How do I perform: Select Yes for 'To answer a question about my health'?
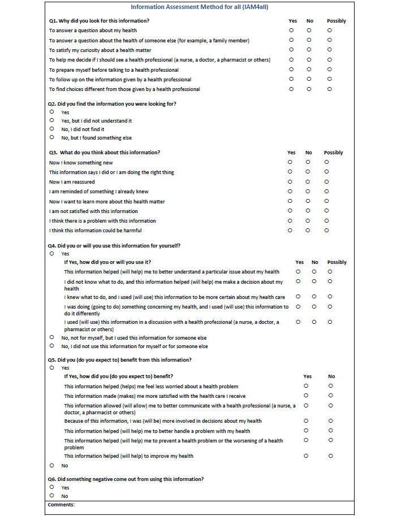point(291,30)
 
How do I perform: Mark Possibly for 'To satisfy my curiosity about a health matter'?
point(329,50)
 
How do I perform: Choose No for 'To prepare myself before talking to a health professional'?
point(309,70)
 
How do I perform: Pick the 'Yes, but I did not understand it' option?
point(51,120)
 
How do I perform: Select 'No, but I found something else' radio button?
point(51,137)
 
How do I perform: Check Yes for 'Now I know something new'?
point(290,162)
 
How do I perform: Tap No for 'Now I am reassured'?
point(308,181)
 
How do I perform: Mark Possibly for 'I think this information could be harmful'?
point(326,230)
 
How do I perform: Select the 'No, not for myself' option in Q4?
point(51,337)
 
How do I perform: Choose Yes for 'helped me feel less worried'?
point(306,386)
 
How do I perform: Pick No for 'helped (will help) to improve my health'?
point(331,456)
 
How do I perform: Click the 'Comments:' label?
point(61,504)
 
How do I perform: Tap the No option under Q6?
point(51,496)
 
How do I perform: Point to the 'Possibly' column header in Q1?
point(336,21)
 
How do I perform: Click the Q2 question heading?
point(112,103)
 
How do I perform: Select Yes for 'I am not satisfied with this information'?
point(290,211)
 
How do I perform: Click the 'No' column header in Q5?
point(331,376)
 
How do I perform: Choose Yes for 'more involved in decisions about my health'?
point(306,420)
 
